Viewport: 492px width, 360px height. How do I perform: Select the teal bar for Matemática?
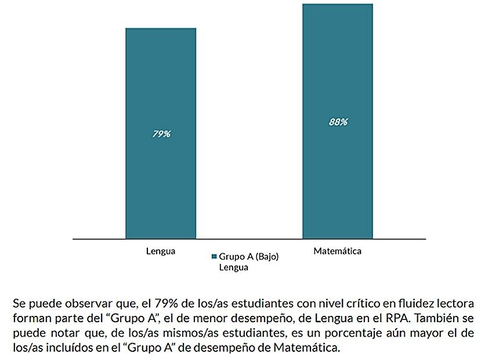[x=337, y=174]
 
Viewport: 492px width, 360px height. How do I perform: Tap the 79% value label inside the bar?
[x=161, y=134]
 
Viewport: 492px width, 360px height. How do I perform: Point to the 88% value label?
[x=338, y=122]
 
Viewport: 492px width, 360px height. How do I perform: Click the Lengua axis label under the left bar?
[x=160, y=251]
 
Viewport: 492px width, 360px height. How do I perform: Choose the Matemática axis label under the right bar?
[x=337, y=251]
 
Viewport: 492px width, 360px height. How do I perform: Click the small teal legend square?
[x=214, y=257]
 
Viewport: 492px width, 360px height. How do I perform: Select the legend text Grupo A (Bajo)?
[x=249, y=257]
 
